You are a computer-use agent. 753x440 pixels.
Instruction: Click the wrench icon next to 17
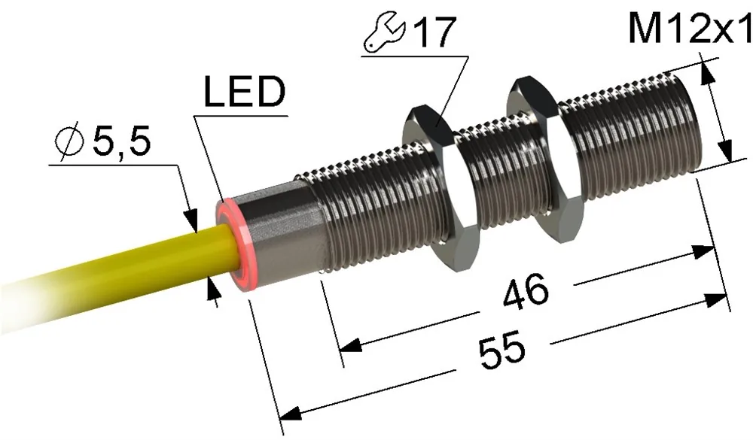pyautogui.click(x=385, y=35)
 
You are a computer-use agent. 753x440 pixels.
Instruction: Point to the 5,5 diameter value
pyautogui.click(x=121, y=142)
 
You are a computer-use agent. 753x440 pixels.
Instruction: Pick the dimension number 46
pyautogui.click(x=526, y=291)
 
